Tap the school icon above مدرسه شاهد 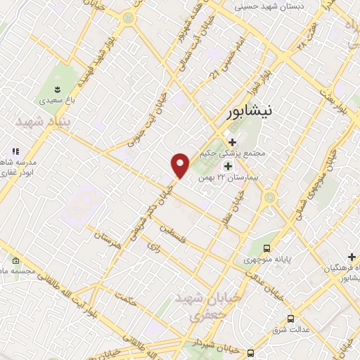[x=15, y=151]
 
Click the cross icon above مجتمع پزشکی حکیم [x=232, y=141]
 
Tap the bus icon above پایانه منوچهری [x=267, y=248]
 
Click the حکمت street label [x=127, y=301]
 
